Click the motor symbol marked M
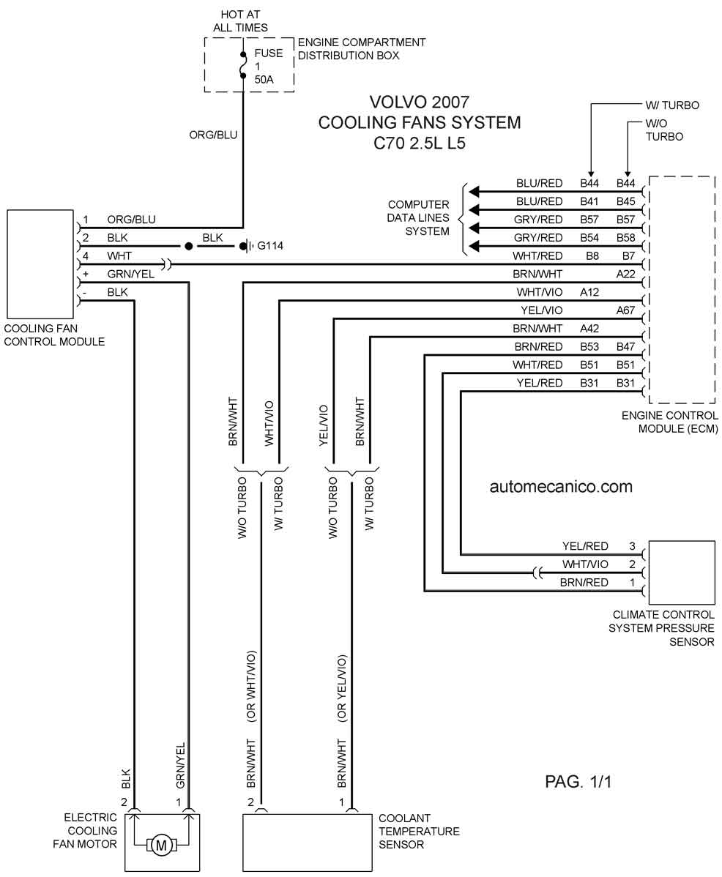[x=161, y=845]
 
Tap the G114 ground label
[x=270, y=245]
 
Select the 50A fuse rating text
[x=264, y=79]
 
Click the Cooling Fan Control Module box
[x=40, y=264]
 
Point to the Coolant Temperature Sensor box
[x=307, y=843]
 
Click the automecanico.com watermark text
[x=561, y=487]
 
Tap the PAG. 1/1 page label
[x=578, y=781]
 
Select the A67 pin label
[x=626, y=310]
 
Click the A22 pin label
[x=626, y=274]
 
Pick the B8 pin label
[x=592, y=255]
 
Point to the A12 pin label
[x=589, y=292]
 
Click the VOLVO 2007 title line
[x=420, y=102]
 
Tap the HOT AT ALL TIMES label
[x=240, y=20]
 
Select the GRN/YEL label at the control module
[x=131, y=274]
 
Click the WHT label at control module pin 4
[x=119, y=255]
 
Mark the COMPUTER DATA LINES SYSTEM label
[x=418, y=217]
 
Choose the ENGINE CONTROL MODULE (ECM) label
[x=669, y=422]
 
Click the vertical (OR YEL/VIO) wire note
[x=342, y=688]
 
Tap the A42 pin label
[x=589, y=328]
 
